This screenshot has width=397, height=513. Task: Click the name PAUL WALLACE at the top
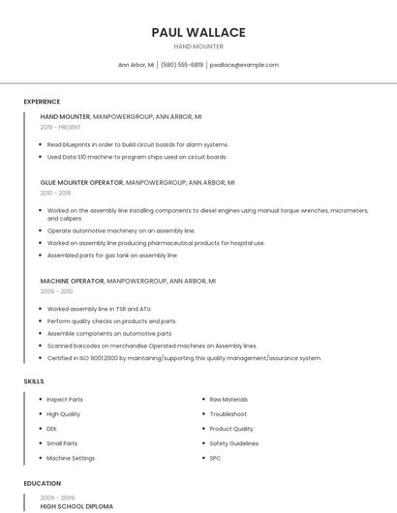pyautogui.click(x=198, y=32)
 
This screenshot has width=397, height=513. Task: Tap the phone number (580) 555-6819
pyautogui.click(x=181, y=65)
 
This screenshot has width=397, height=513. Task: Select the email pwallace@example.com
pyautogui.click(x=244, y=65)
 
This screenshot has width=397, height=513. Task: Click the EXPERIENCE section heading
pyautogui.click(x=42, y=102)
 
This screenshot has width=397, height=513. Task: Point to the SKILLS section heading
pyautogui.click(x=34, y=381)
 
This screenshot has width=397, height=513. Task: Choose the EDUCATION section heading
pyautogui.click(x=42, y=483)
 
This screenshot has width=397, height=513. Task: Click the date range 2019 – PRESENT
pyautogui.click(x=61, y=127)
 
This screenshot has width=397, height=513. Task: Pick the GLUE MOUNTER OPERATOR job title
pyautogui.click(x=81, y=182)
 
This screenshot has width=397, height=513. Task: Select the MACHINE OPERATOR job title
pyautogui.click(x=72, y=281)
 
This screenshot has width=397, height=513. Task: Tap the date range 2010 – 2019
pyautogui.click(x=55, y=193)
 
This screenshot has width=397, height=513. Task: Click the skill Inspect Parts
pyautogui.click(x=65, y=399)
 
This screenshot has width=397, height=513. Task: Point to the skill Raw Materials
pyautogui.click(x=229, y=399)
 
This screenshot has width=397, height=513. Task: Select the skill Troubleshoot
pyautogui.click(x=228, y=413)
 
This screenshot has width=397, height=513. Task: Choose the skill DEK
pyautogui.click(x=52, y=428)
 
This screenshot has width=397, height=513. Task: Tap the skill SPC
pyautogui.click(x=216, y=458)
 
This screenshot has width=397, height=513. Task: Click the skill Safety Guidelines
pyautogui.click(x=233, y=443)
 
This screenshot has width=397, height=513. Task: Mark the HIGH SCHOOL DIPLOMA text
pyautogui.click(x=76, y=506)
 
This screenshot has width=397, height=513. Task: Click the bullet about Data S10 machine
pyautogui.click(x=137, y=157)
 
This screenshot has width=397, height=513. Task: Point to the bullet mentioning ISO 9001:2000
pyautogui.click(x=184, y=358)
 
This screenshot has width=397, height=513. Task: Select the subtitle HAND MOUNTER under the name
pyautogui.click(x=198, y=46)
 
